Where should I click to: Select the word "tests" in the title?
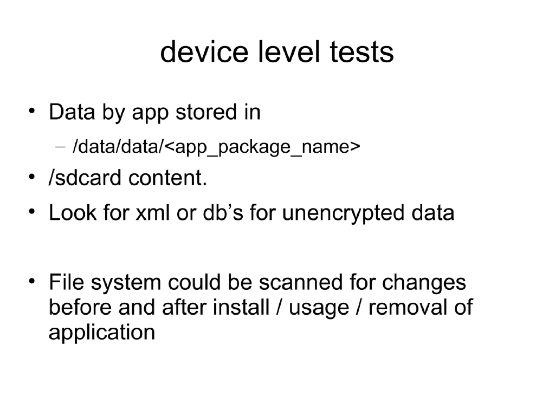363,53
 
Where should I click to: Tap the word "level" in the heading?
290,53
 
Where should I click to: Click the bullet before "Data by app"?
33,112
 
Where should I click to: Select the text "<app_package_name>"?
262,147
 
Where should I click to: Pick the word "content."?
168,178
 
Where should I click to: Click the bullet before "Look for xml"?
33,212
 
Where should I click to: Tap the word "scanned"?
301,282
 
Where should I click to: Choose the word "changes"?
424,282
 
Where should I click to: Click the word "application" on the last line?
102,332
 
